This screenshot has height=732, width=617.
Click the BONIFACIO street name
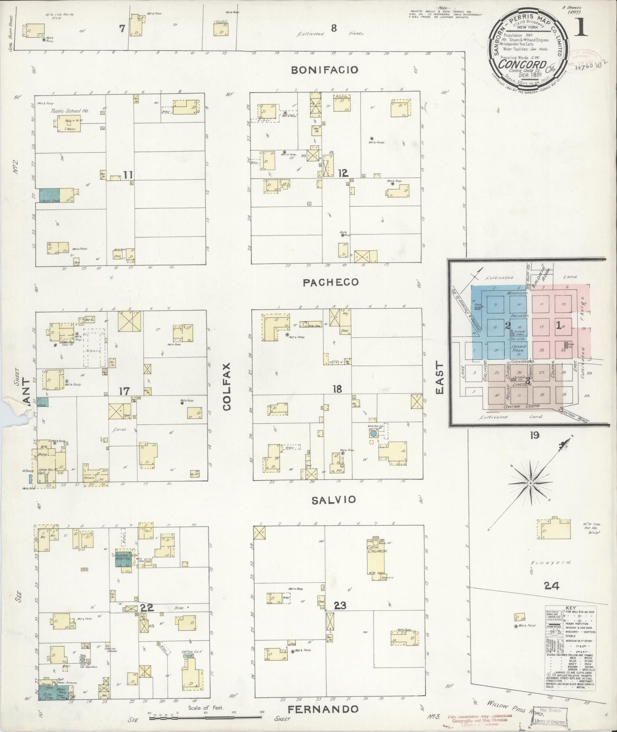coord(325,70)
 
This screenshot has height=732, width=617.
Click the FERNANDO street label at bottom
coord(322,710)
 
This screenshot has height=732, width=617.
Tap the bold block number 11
coord(129,174)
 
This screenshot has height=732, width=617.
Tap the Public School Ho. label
coord(69,111)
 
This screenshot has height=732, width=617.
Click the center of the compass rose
coord(530,483)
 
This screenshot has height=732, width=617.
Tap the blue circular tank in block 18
coord(373,433)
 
